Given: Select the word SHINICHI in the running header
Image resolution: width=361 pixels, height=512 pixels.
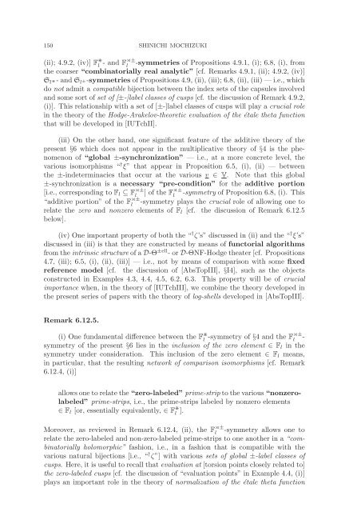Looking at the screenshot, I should click(169, 30).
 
